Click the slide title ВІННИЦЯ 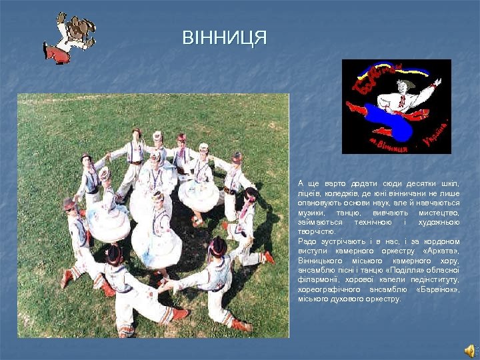pyautogui.click(x=225, y=38)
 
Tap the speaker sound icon pyautogui.click(x=469, y=350)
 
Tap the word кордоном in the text pyautogui.click(x=442, y=241)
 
